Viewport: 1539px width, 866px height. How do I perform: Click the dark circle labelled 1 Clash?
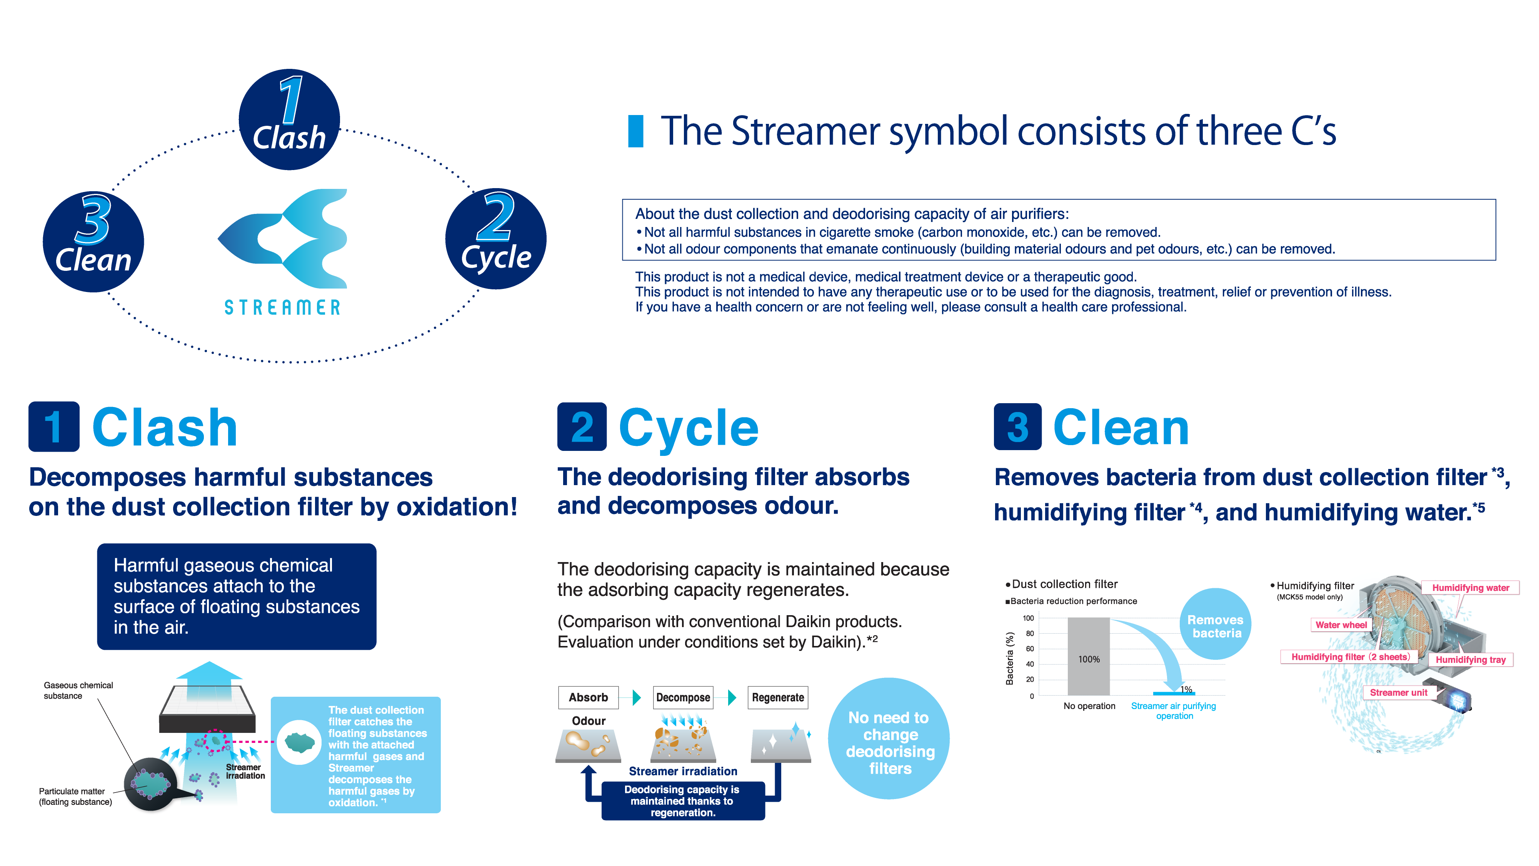(x=289, y=120)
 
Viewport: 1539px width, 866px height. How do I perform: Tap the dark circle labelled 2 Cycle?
(x=495, y=239)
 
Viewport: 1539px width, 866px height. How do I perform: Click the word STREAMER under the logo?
(x=282, y=307)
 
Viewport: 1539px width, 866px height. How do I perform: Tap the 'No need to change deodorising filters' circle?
(x=889, y=739)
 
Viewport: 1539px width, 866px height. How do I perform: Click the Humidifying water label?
(x=1470, y=587)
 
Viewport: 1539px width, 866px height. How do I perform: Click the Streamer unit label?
(x=1398, y=692)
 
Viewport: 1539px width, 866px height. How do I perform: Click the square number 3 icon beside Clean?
(x=1017, y=427)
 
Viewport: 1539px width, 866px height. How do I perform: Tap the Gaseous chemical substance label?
(x=78, y=690)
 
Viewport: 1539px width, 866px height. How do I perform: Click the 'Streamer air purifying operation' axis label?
(x=1173, y=711)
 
